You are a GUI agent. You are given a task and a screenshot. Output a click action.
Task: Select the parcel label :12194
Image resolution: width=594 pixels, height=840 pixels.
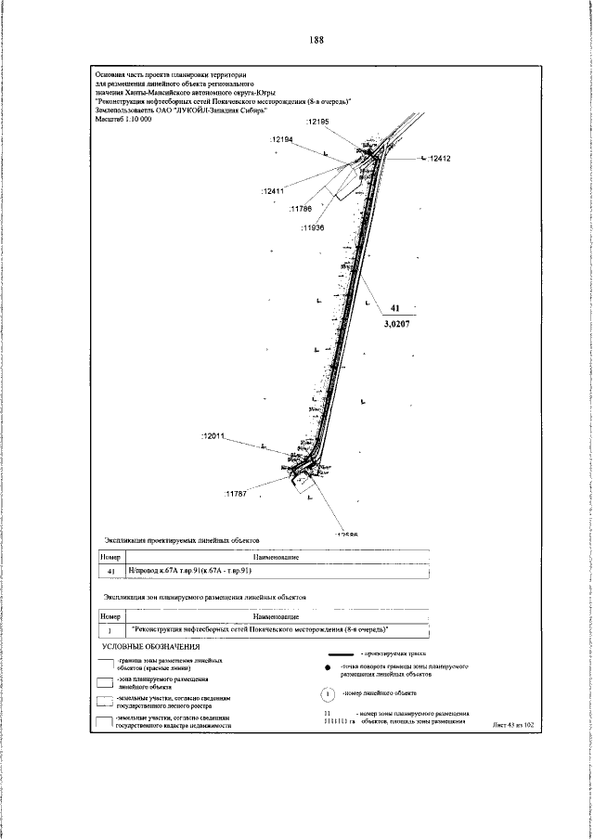281,139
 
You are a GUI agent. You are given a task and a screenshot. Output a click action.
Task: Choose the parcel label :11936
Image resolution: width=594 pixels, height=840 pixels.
313,227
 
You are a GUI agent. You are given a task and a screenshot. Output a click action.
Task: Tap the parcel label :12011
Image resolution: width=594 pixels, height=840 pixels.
214,435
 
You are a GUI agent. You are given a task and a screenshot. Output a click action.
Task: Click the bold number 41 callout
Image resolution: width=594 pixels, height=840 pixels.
394,307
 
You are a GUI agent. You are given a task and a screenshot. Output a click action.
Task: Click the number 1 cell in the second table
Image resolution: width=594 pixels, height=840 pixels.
110,630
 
